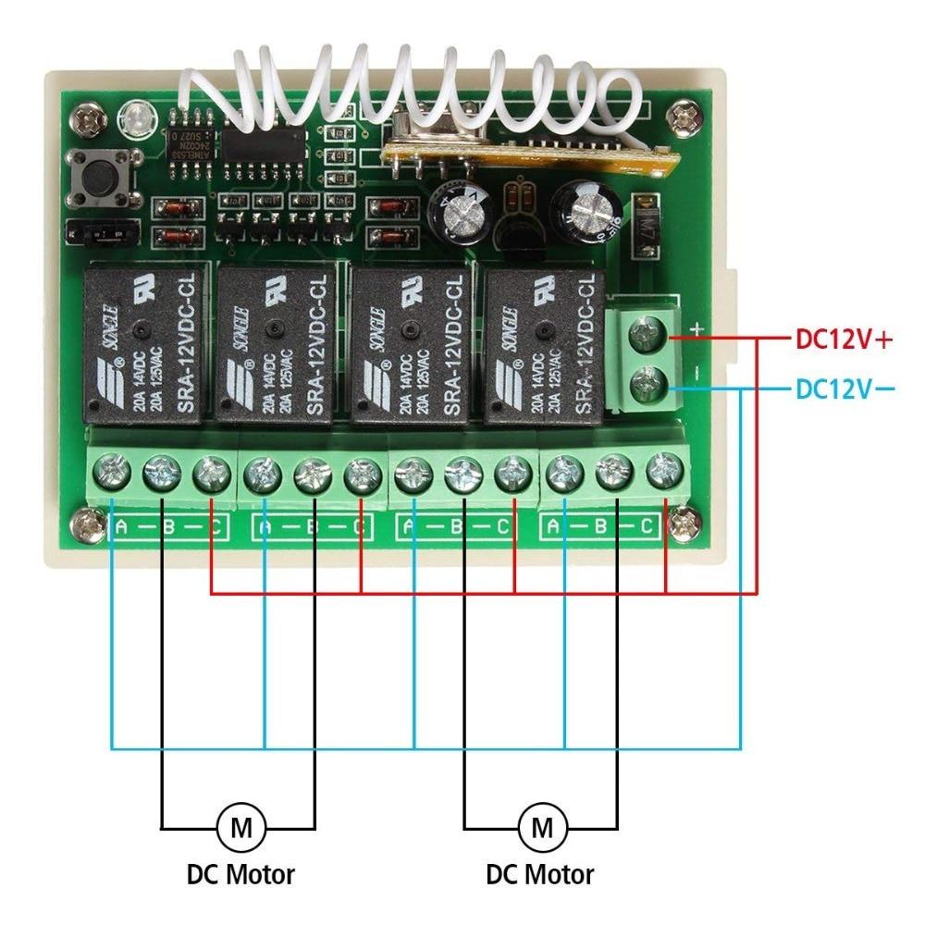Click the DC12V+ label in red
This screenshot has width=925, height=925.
(844, 339)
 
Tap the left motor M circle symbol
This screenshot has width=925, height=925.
(240, 826)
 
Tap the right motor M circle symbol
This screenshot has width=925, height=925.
(540, 826)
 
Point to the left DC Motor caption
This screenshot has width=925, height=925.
(240, 873)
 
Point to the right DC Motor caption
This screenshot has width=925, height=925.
(540, 873)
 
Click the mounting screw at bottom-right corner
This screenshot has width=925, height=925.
(684, 526)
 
